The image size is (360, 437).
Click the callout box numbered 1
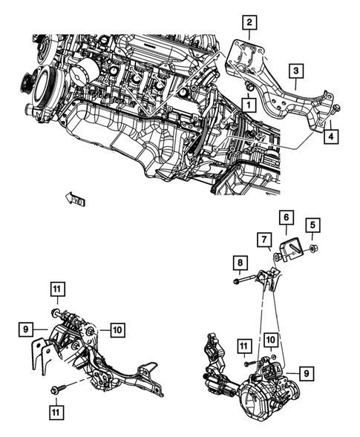243,106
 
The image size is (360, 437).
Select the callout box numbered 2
249,22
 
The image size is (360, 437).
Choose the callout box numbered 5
312,225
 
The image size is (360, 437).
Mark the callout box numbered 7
264,239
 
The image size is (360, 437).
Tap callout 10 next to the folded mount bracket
117,329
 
